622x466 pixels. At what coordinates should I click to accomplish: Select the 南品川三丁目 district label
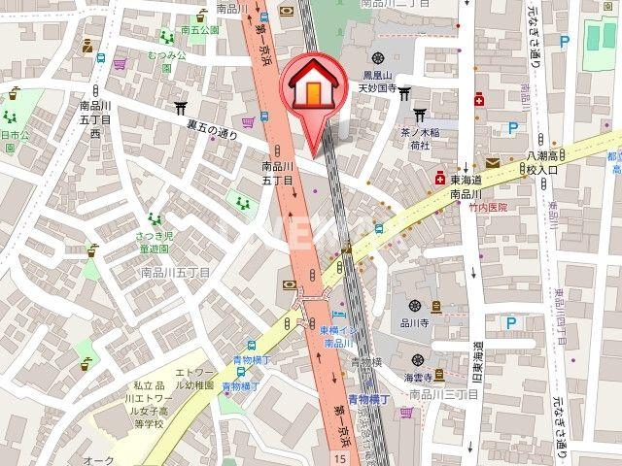(442, 395)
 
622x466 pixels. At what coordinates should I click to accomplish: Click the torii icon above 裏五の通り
(181, 107)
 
